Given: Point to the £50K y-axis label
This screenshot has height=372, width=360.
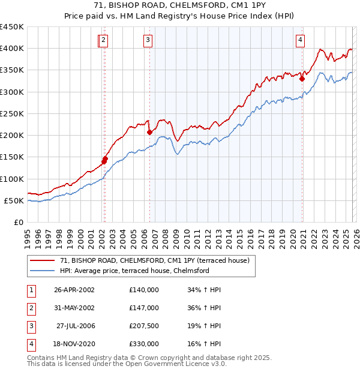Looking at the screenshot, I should [x=13, y=200].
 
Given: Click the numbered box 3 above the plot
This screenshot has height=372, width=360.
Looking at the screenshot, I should [x=148, y=40].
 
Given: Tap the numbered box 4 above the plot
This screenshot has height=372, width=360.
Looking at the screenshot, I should [x=300, y=40].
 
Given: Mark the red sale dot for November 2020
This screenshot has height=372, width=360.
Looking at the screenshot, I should [x=302, y=78].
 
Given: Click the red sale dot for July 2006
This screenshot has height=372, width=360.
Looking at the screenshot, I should [x=149, y=132].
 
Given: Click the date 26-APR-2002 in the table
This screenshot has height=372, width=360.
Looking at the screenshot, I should [x=74, y=290].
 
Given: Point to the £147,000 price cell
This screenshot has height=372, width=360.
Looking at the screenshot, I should [x=143, y=308].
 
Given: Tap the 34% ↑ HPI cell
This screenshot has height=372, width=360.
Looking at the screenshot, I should [x=204, y=290].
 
